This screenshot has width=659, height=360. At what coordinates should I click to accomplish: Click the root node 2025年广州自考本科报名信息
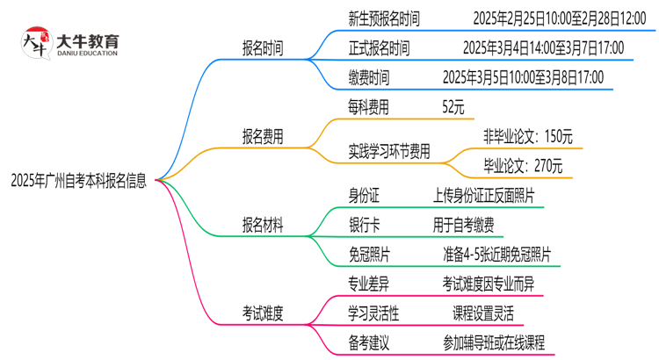tap(79, 181)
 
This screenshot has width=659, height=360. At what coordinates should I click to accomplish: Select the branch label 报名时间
tap(263, 47)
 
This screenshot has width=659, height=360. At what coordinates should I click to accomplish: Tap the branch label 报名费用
tap(263, 137)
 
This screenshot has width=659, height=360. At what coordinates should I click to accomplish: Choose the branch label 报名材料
tap(263, 226)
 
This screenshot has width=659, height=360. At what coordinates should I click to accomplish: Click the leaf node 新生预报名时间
tap(385, 18)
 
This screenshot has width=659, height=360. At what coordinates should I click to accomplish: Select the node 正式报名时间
tap(379, 47)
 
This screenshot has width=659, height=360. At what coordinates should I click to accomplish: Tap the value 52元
tap(453, 107)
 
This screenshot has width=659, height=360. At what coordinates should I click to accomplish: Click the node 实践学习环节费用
tap(389, 152)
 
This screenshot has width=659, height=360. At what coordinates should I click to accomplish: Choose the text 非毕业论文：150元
tap(527, 137)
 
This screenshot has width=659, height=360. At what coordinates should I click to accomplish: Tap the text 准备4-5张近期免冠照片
tap(496, 255)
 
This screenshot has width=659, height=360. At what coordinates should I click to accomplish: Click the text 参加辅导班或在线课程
tap(494, 342)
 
